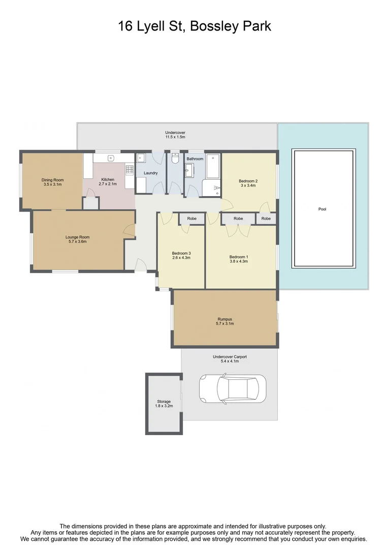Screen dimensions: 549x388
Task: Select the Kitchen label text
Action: pos(108,179)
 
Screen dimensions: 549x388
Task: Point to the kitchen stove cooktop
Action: pos(130,170)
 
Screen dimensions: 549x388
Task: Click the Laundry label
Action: pos(151,173)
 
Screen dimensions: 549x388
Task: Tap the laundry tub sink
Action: pos(141,159)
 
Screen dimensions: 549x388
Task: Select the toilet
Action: pos(175,159)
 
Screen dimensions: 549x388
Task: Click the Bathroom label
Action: pos(195,159)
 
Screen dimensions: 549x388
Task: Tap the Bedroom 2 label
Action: pos(248,181)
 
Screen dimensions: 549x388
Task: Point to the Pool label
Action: pos(322,209)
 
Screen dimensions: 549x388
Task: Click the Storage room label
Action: pos(164,402)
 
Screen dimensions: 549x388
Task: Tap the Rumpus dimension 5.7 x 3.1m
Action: pos(225,324)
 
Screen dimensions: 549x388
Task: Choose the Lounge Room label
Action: pos(77,237)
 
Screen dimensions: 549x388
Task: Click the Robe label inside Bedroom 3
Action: pos(191,219)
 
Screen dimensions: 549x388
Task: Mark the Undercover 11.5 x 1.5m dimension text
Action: pos(175,137)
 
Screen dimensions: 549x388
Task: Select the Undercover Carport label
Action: pos(230,357)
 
